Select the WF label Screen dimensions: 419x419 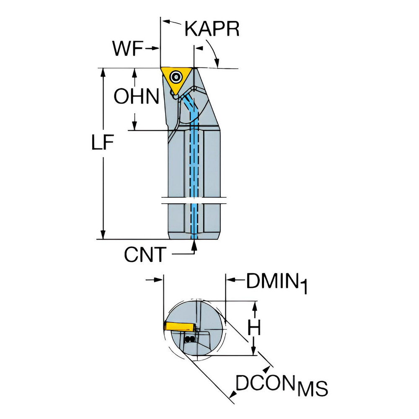tap(127, 49)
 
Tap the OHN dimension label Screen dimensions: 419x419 tap(137, 97)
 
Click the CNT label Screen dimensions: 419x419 tap(145, 254)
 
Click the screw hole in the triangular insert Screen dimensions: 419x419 tap(176, 77)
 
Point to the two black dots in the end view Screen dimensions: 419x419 tap(190, 339)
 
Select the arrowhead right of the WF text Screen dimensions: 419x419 tap(156, 49)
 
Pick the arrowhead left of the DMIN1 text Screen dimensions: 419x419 tap(230, 279)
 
